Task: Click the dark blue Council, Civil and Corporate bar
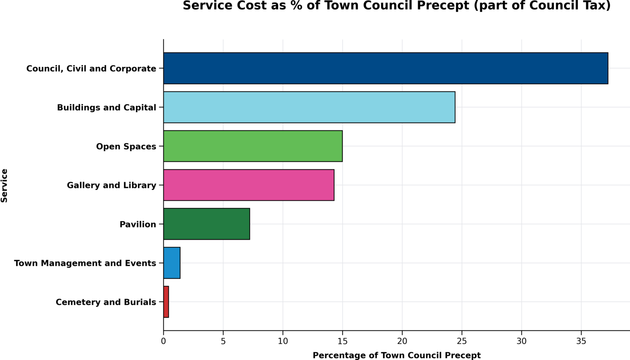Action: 385,68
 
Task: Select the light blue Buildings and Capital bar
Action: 309,107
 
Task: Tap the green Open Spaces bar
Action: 253,146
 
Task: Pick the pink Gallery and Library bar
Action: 249,185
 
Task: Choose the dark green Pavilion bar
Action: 206,224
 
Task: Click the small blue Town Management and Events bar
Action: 172,263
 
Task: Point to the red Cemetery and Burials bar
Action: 166,302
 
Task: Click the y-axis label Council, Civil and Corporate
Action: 91,69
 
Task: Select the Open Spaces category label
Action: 126,147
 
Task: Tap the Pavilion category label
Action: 138,225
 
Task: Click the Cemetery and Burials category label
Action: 106,302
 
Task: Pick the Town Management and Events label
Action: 85,263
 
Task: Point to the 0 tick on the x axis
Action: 163,341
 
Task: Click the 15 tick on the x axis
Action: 343,341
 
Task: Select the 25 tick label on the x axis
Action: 462,341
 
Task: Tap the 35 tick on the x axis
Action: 581,341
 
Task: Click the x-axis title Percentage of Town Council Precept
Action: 397,355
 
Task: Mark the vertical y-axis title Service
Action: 4,186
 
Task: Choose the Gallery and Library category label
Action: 111,185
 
